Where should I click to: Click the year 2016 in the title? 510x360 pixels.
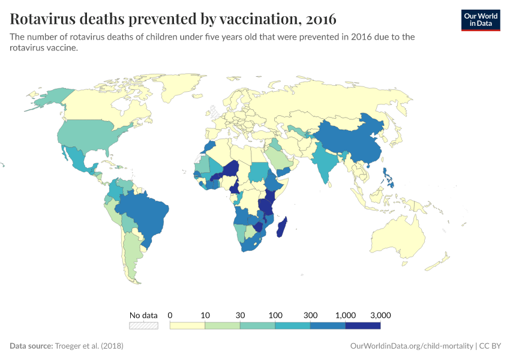[x=321, y=19]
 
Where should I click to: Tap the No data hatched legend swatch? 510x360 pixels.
[x=143, y=326]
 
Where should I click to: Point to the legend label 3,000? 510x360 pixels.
[x=380, y=315]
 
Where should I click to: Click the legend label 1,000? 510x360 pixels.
[x=346, y=315]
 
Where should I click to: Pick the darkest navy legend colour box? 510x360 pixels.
[x=363, y=326]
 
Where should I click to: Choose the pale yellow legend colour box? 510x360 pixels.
[x=187, y=326]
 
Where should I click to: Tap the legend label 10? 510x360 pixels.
[x=205, y=315]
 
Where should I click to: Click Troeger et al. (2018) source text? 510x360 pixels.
[x=89, y=346]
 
